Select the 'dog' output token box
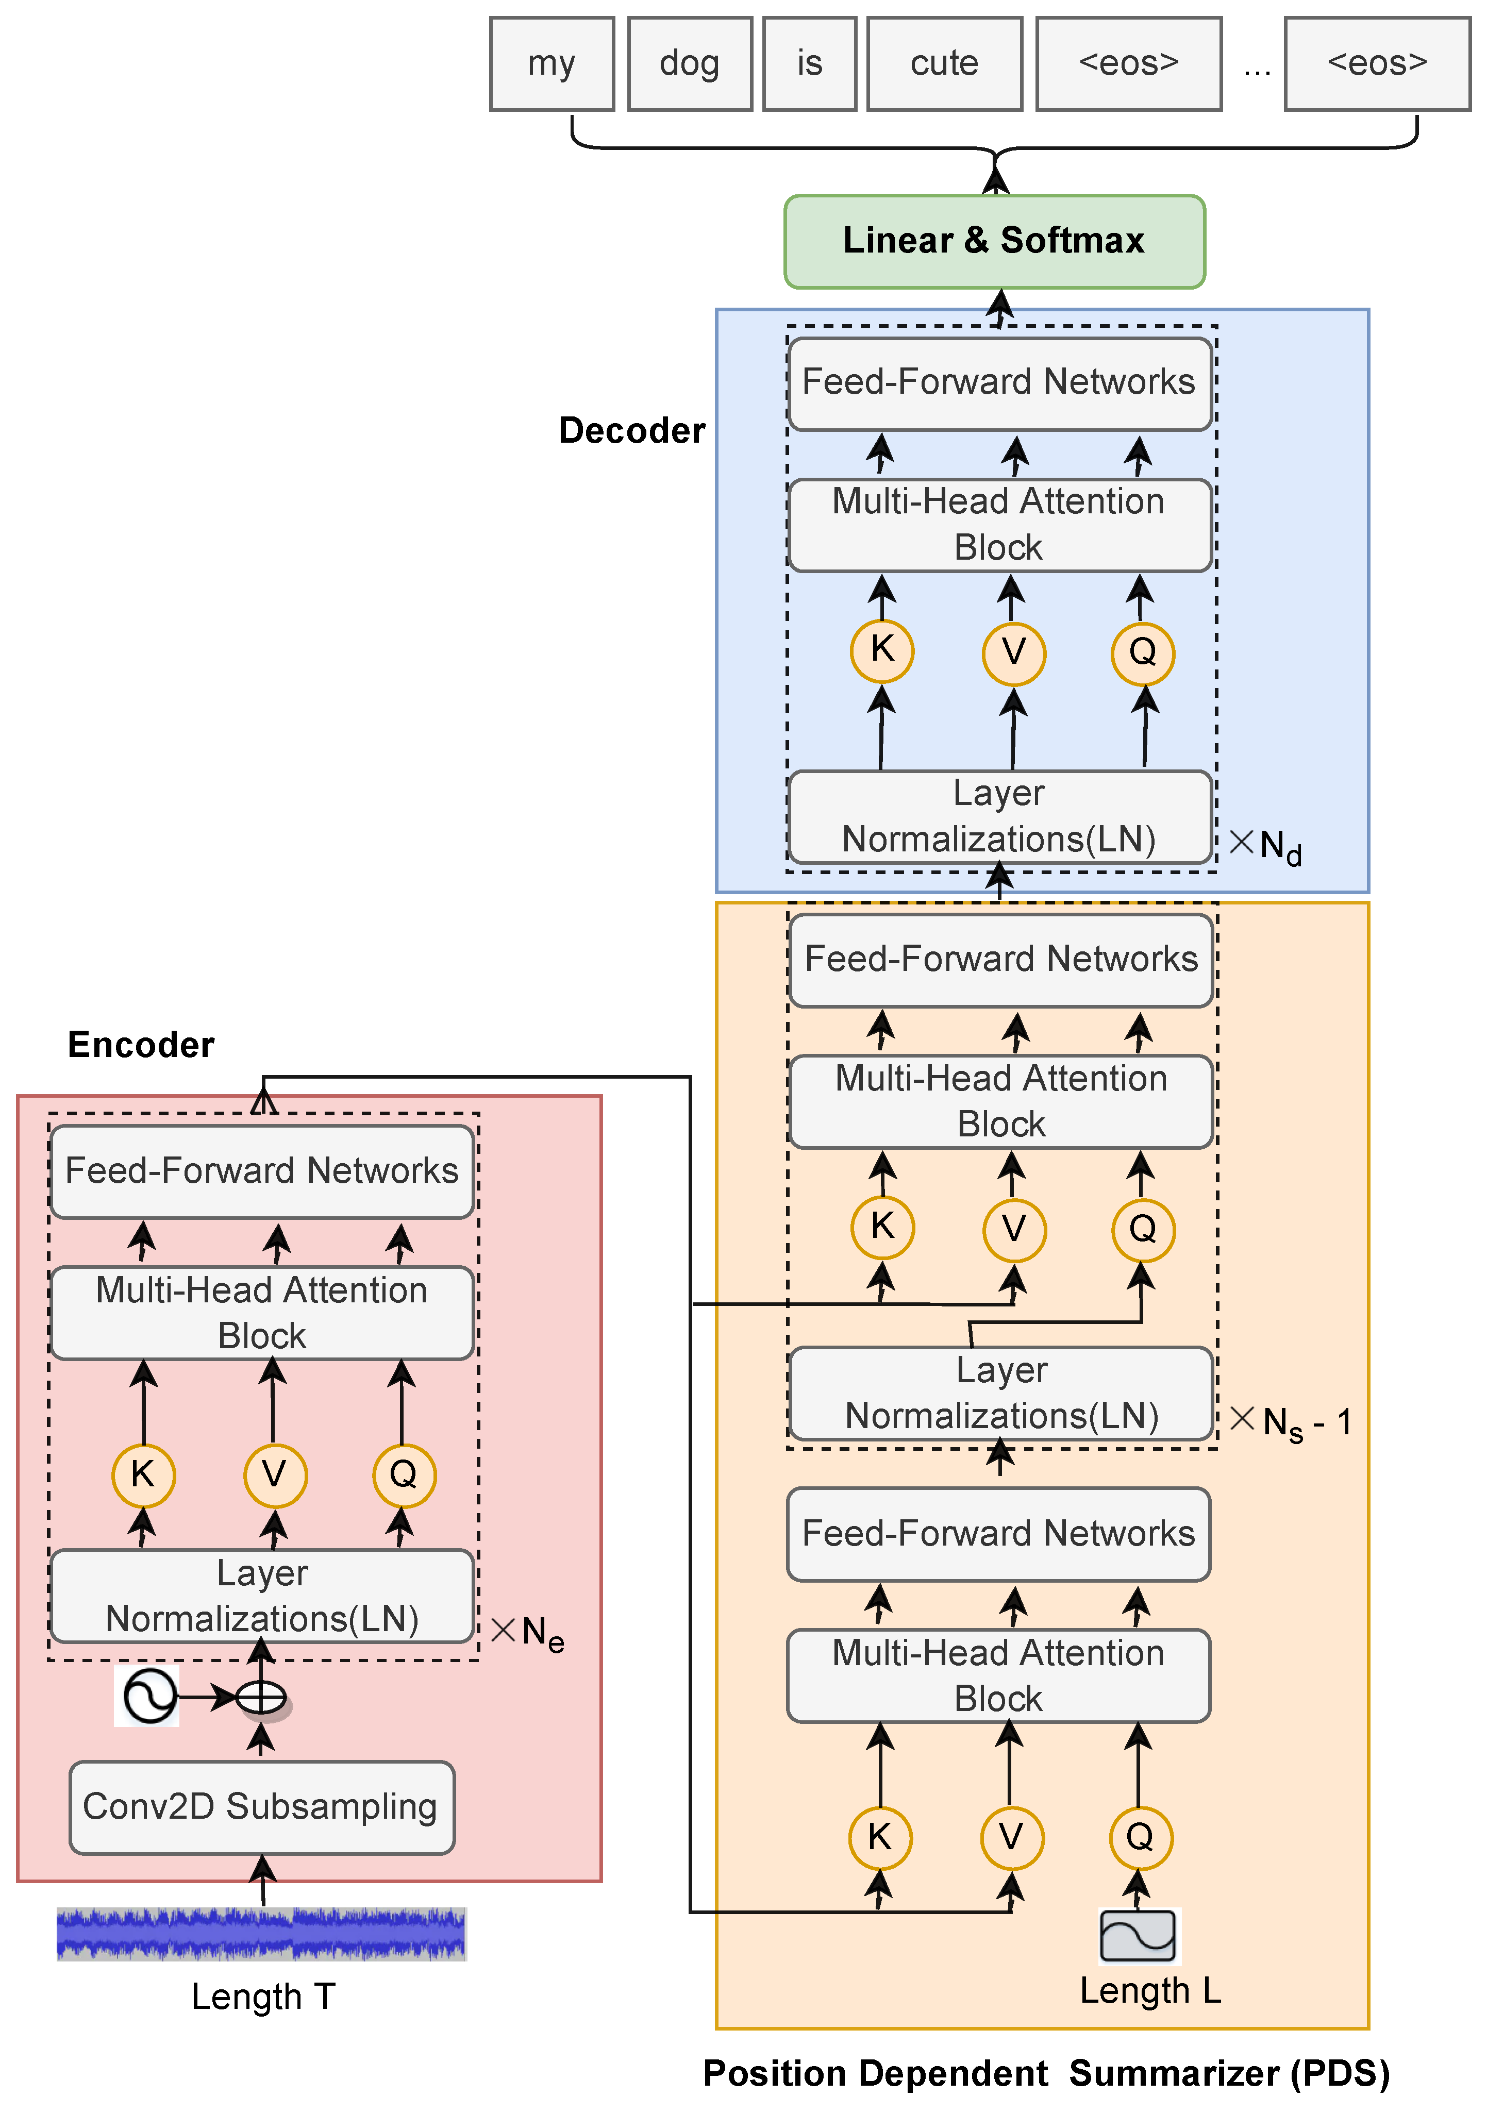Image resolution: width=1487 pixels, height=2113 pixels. point(689,63)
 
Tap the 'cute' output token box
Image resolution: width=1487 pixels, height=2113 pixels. point(944,63)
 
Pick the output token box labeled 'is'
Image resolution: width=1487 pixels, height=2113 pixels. point(809,63)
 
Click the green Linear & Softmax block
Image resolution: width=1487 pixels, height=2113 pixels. point(994,241)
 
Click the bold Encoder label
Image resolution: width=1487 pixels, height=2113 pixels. point(141,1045)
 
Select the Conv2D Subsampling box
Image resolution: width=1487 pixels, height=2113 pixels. point(261,1806)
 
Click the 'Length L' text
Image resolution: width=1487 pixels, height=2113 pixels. point(1150,1990)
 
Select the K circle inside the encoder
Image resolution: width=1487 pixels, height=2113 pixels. point(143,1475)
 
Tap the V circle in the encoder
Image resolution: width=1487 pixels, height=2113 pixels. point(274,1475)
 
